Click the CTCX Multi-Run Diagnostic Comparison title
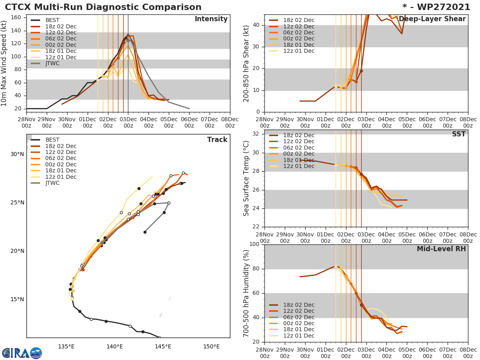(x=103, y=7)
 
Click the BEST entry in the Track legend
(x=52, y=140)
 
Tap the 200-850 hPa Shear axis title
(x=247, y=63)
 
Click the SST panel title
(x=458, y=134)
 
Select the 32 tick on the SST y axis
(x=256, y=134)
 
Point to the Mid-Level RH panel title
(x=441, y=249)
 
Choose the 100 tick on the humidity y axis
(x=254, y=244)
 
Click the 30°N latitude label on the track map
(x=17, y=154)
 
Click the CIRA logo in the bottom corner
(x=22, y=353)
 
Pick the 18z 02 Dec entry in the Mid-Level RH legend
(x=298, y=305)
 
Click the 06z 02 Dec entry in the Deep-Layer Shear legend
(x=298, y=32)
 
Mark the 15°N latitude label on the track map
(x=17, y=300)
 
